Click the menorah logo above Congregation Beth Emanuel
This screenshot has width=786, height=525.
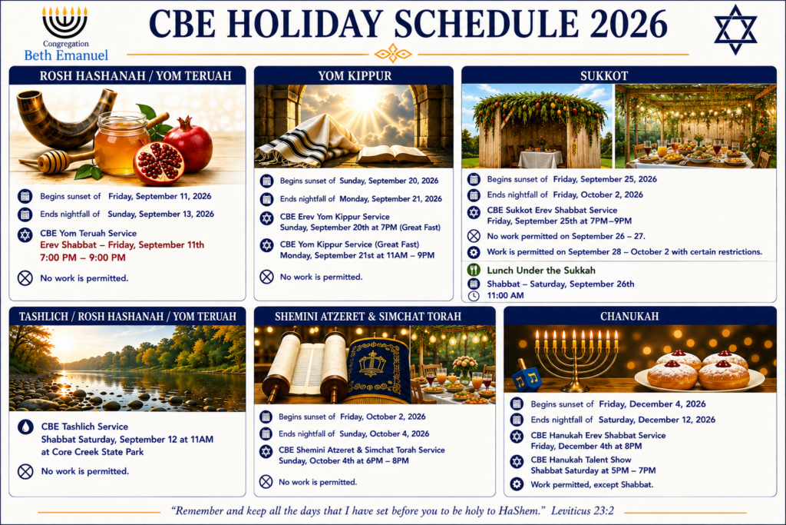click(64, 22)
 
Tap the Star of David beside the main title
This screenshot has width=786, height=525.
click(735, 30)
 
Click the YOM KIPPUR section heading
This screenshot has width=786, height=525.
click(355, 76)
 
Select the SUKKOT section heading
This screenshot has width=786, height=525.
click(604, 76)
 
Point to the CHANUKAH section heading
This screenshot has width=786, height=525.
click(629, 316)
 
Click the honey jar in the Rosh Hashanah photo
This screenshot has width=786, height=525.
click(122, 142)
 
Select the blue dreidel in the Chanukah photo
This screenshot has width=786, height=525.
click(527, 376)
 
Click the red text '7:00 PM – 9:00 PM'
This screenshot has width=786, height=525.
click(83, 258)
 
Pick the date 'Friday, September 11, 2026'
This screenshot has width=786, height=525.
click(160, 196)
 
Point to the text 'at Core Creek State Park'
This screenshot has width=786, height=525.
click(92, 452)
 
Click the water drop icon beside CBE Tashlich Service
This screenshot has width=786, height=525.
click(25, 427)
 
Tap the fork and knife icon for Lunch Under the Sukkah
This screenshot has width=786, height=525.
click(474, 270)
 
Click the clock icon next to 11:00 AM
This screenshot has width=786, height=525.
click(474, 296)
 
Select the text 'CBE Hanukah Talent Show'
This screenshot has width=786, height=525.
click(581, 460)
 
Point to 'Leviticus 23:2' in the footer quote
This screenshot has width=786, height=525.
click(583, 511)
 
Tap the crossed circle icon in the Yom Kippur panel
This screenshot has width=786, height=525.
click(266, 277)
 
